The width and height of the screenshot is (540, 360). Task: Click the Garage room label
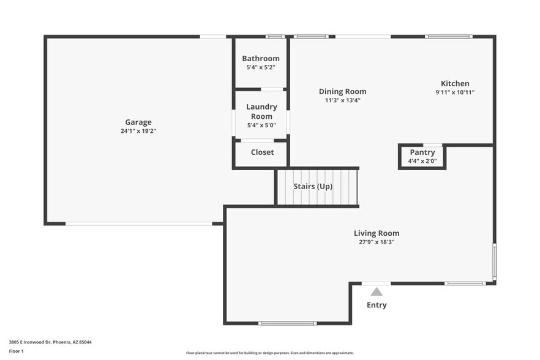[x=138, y=122]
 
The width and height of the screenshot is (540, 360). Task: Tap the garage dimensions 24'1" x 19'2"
[x=138, y=131]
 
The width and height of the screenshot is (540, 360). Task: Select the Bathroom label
[x=261, y=59]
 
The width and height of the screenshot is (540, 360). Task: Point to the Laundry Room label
[x=261, y=111]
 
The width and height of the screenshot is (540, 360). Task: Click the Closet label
[x=262, y=152]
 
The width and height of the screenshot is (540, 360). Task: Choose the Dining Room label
[x=342, y=91]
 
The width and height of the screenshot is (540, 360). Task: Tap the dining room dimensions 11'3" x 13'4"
[x=342, y=100]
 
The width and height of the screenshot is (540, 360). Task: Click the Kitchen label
[x=455, y=83]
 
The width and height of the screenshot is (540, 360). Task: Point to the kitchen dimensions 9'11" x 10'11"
[x=455, y=92]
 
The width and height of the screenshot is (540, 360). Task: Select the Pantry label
[x=422, y=152]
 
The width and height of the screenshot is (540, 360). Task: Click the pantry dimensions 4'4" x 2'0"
[x=422, y=161]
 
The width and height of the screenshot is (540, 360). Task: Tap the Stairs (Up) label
[x=313, y=186]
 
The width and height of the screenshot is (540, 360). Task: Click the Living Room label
[x=377, y=233]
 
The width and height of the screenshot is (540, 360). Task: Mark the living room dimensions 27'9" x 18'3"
[x=377, y=242]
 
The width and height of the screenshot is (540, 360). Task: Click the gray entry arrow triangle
[x=377, y=291]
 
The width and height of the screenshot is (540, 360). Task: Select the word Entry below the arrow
[x=377, y=305]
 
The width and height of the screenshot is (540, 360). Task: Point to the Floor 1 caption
[x=16, y=351]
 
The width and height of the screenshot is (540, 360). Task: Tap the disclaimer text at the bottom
[x=271, y=353]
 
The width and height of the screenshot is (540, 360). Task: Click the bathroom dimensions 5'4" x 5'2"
[x=261, y=67]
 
